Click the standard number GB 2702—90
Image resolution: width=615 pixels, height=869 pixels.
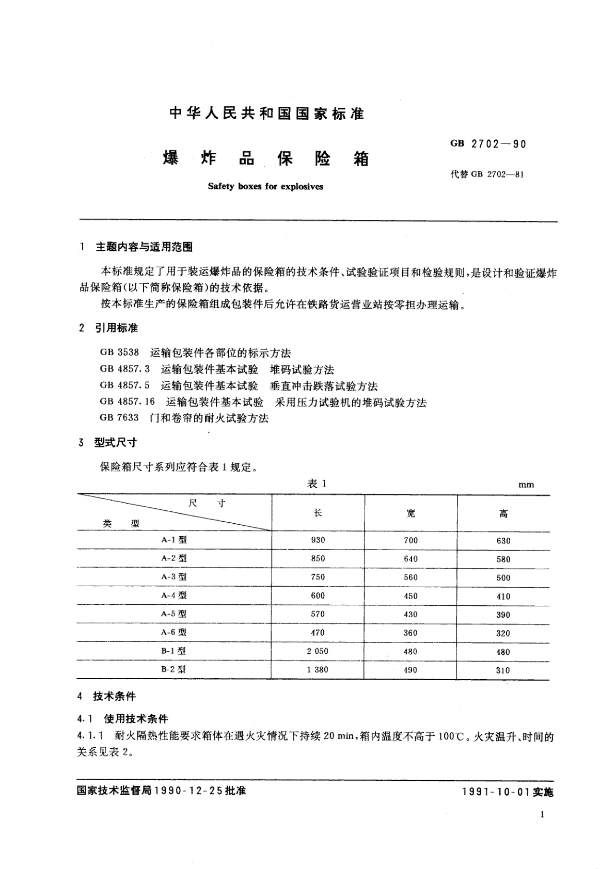pos(488,144)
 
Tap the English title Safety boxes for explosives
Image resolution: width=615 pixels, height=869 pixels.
pos(265,186)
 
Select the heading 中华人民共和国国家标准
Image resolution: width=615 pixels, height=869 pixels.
pos(267,114)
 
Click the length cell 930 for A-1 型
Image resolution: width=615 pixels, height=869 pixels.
pos(318,540)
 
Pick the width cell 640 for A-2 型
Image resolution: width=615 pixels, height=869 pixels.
pos(411,558)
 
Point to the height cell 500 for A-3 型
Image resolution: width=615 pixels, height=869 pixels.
pos(503,577)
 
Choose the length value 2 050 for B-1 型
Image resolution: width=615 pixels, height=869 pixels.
pos(318,651)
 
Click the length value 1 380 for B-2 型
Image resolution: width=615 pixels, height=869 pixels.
pos(318,670)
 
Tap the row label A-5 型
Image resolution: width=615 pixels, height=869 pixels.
pos(174,614)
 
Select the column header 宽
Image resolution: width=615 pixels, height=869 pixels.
pos(411,513)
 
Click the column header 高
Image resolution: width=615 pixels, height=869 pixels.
pos(503,513)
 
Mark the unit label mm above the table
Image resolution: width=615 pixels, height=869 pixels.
pos(526,485)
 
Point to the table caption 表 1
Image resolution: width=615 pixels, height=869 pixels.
pos(317,484)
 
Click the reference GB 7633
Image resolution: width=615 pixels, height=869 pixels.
pos(119,418)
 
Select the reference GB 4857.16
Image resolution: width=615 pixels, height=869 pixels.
pos(128,402)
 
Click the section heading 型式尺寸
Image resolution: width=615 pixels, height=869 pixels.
pos(115,442)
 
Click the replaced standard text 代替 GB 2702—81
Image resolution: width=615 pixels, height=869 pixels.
pos(487,174)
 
